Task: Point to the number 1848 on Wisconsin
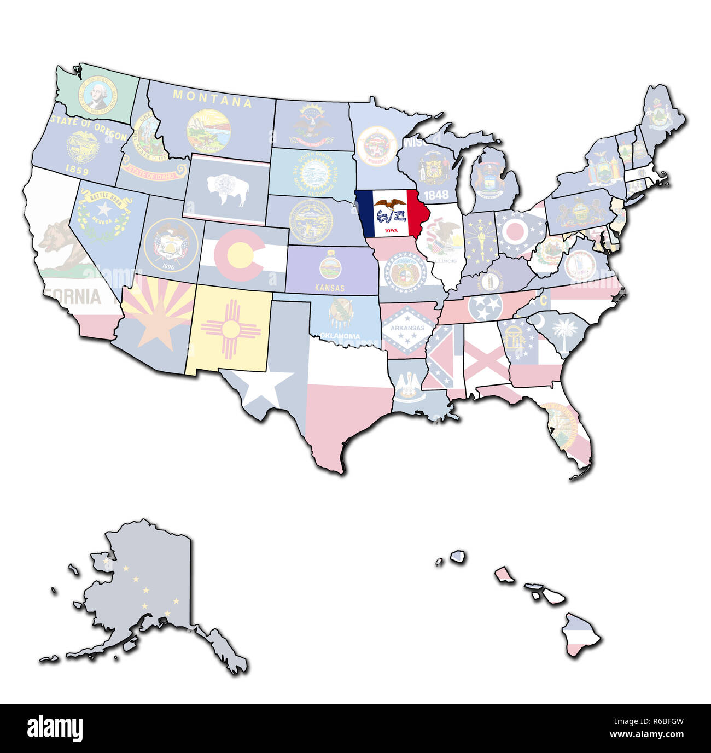(436, 195)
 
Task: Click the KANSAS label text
(330, 288)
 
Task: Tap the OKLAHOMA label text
(340, 336)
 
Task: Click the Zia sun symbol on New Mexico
(230, 330)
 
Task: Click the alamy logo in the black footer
(55, 728)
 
